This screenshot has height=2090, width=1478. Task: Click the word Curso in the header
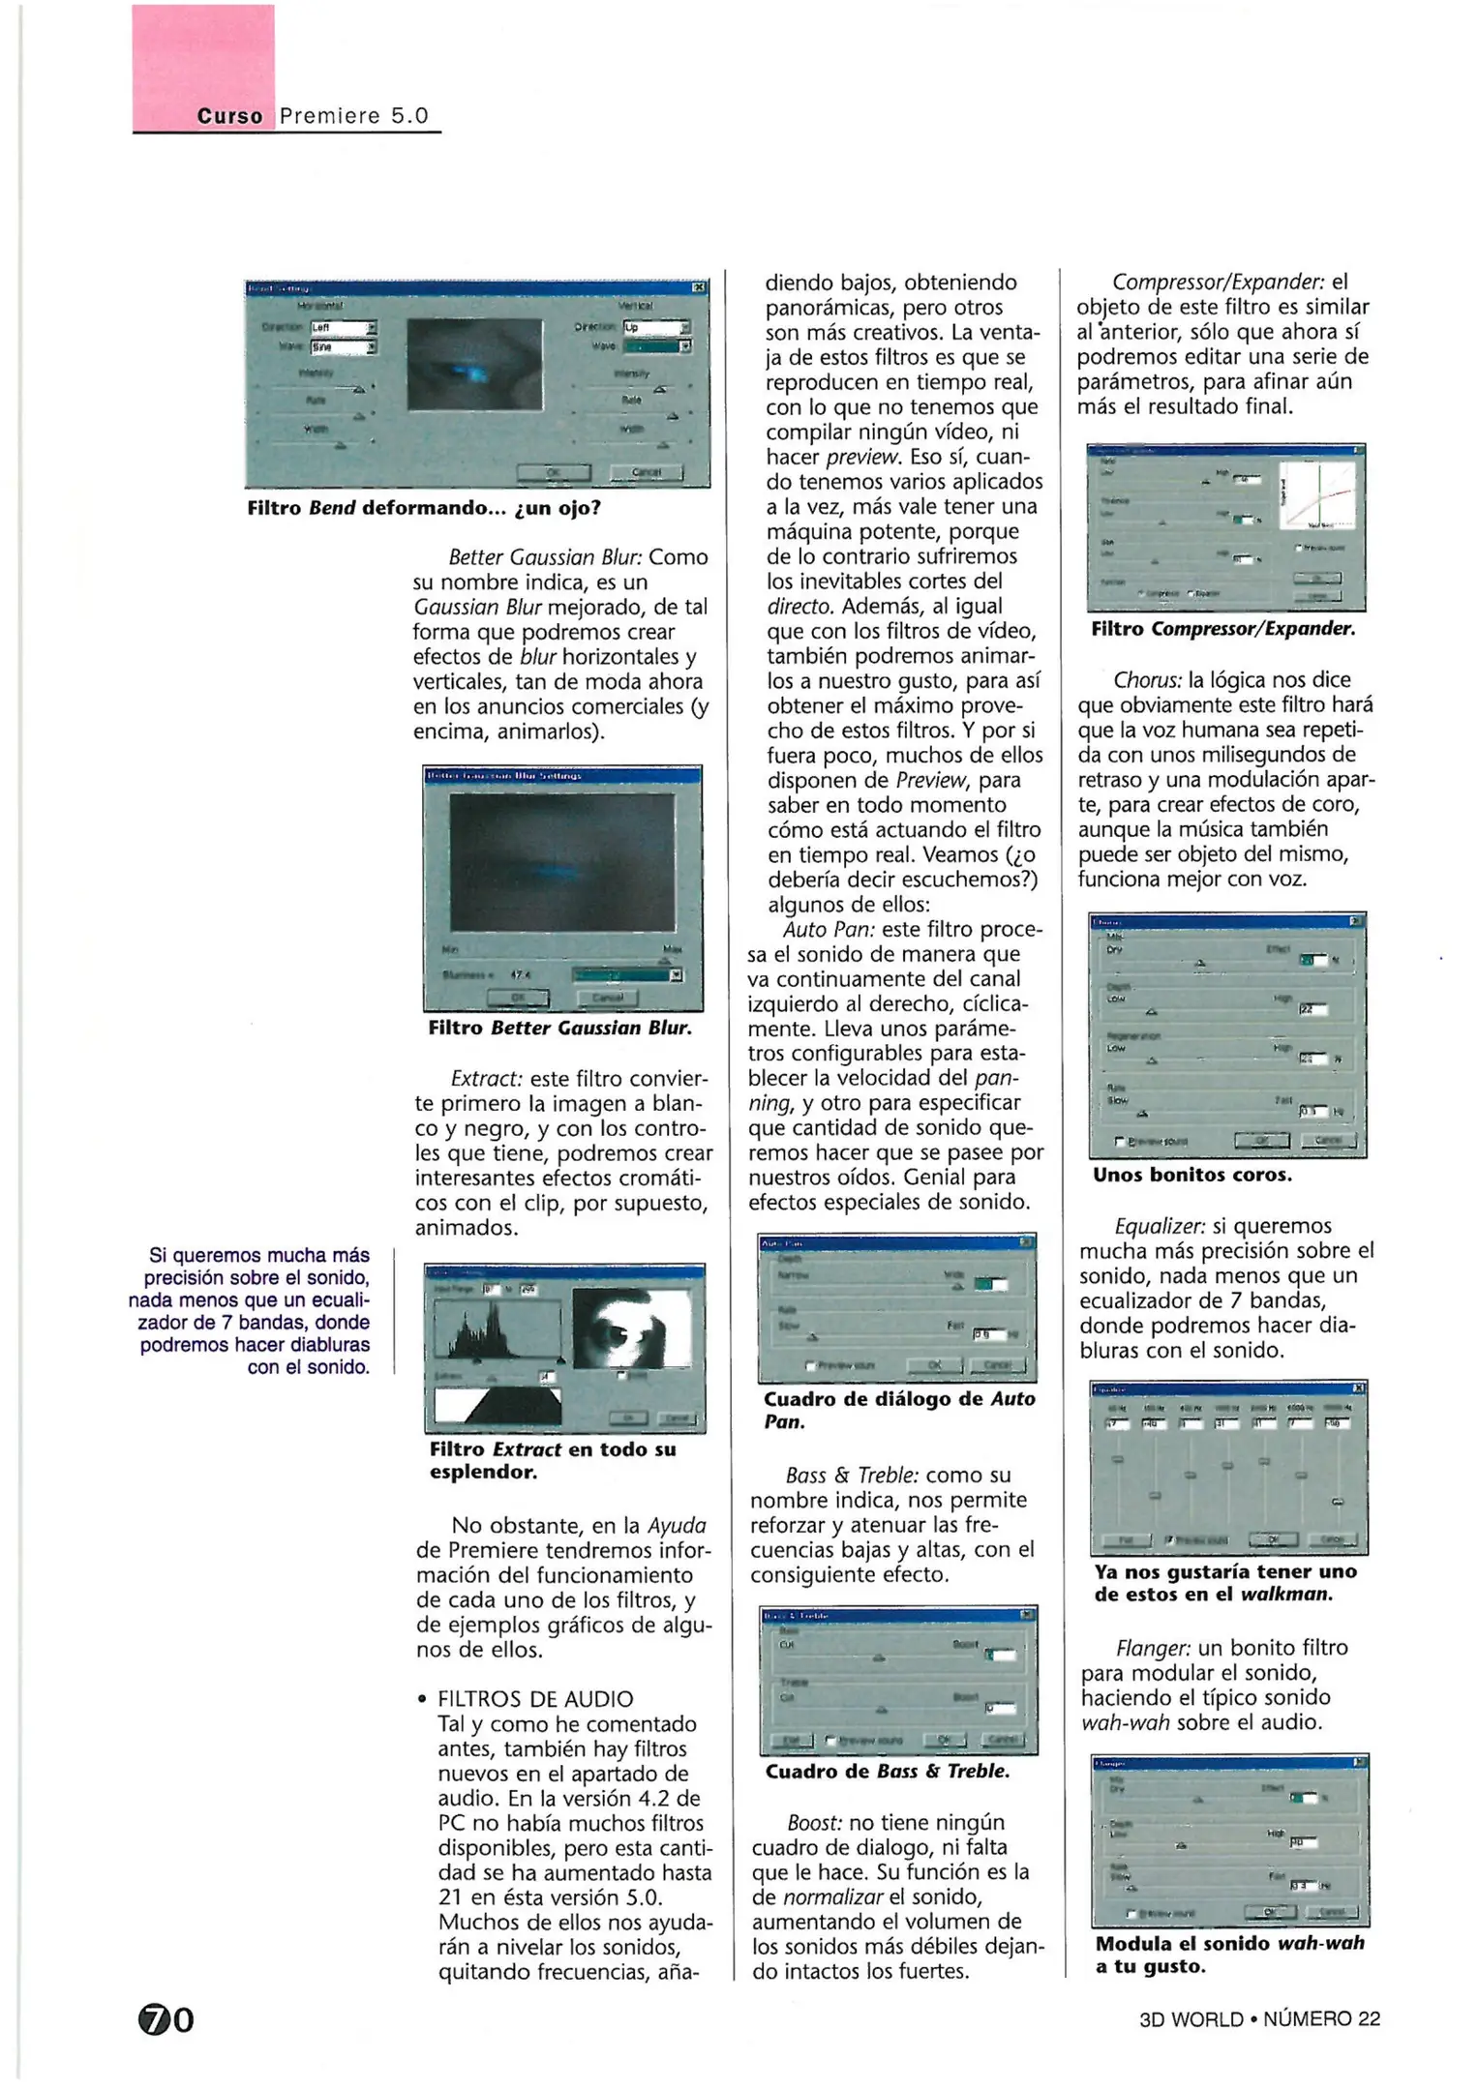[229, 116]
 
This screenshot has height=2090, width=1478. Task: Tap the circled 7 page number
[154, 2020]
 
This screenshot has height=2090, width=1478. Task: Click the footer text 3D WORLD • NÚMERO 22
[1259, 2019]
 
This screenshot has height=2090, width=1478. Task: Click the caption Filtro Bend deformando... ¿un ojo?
[424, 508]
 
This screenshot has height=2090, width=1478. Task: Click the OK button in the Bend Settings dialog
[553, 472]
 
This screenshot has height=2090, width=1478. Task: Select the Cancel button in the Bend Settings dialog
[646, 472]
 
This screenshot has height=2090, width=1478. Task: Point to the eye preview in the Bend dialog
[474, 365]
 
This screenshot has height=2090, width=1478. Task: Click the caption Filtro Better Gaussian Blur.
[560, 1028]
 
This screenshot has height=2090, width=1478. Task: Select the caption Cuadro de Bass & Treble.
[888, 1771]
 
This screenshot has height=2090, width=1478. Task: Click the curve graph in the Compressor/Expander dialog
[1316, 495]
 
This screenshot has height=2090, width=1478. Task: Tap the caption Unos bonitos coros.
[1192, 1175]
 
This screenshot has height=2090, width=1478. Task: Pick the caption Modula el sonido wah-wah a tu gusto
[1229, 1955]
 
